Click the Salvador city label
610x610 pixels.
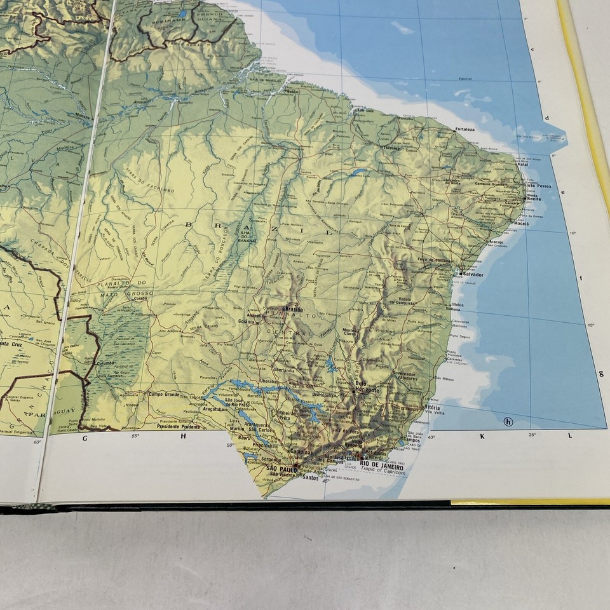474,274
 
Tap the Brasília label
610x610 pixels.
292,306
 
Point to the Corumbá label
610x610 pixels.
105,363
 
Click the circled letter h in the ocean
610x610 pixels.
508,421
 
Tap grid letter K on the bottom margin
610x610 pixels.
482,436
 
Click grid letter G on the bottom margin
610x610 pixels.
85,437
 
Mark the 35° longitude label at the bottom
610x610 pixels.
532,434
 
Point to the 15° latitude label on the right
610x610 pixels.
590,325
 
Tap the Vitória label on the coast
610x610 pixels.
432,407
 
